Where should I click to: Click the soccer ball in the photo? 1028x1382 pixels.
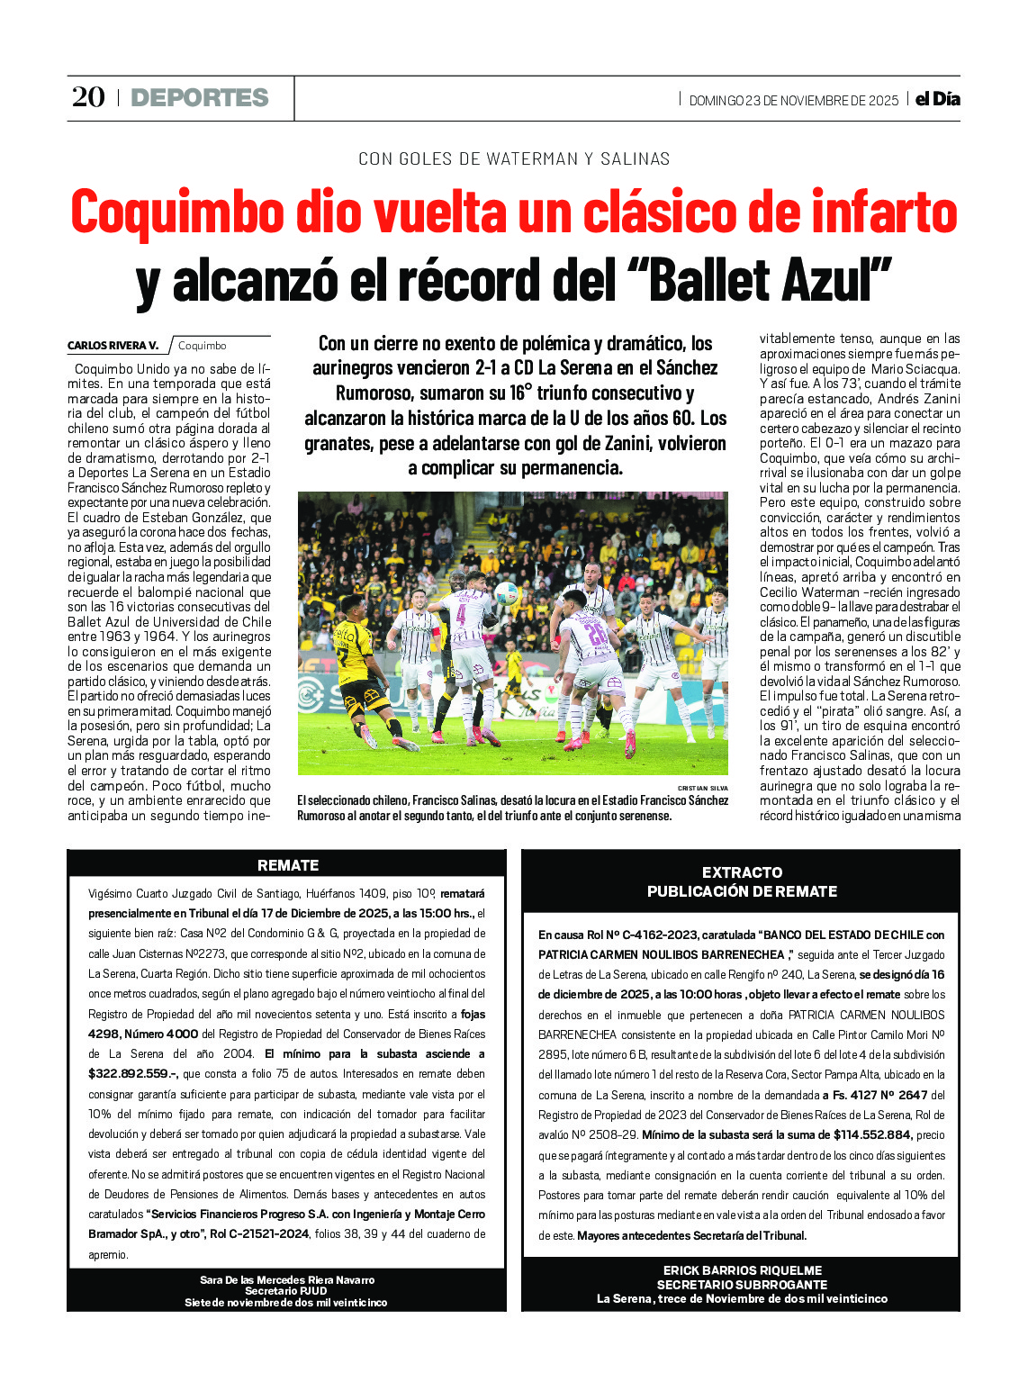(x=506, y=592)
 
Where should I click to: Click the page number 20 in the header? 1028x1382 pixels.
(x=88, y=97)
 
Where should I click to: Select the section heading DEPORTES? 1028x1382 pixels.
(x=200, y=98)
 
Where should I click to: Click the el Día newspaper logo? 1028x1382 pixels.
(x=937, y=99)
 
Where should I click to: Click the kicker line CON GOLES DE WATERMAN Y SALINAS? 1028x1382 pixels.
(x=514, y=159)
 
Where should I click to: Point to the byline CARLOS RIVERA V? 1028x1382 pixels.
(x=113, y=346)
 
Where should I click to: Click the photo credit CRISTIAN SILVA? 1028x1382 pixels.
(x=702, y=788)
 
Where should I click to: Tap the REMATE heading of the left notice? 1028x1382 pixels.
(x=288, y=865)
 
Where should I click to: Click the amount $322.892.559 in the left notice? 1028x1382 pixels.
(x=132, y=1074)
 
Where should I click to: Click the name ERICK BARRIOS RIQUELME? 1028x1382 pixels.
(x=742, y=1270)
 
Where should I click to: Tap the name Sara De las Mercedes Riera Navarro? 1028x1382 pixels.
(x=287, y=1279)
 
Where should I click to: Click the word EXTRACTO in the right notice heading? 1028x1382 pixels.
(x=742, y=872)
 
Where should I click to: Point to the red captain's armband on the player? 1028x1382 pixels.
(x=441, y=630)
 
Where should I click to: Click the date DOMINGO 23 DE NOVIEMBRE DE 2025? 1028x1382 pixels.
(x=793, y=100)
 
